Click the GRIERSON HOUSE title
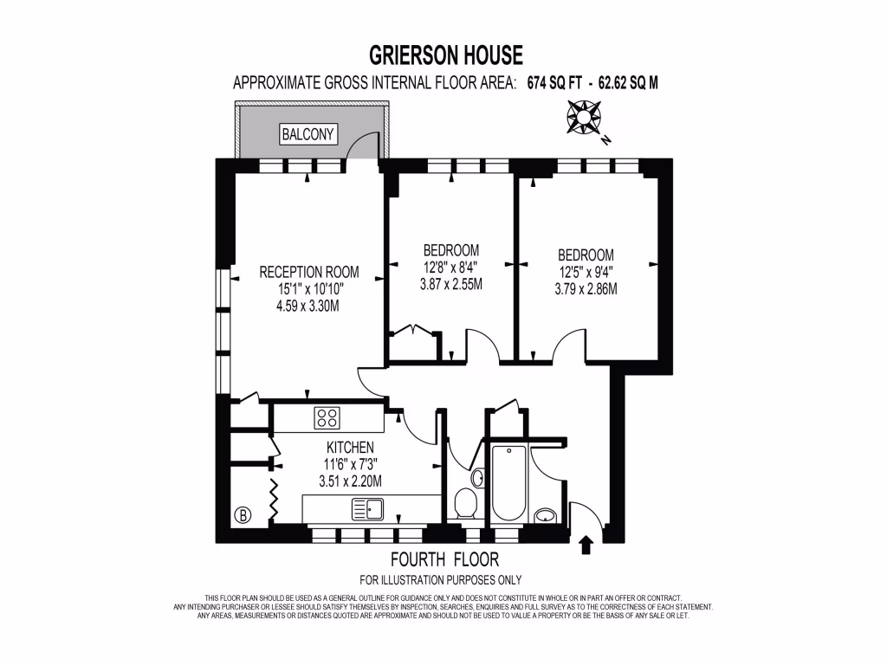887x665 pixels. pos(446,56)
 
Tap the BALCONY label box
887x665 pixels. pos(308,134)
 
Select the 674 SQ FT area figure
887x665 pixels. pos(552,84)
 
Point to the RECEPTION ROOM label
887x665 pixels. pos(308,272)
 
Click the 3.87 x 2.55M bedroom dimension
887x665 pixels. pos(450,284)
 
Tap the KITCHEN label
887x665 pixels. pos(350,448)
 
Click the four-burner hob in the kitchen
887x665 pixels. pos(327,417)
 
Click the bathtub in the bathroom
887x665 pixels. pos(507,484)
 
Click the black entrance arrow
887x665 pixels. pos(586,544)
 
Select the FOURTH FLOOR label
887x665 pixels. pos(444,559)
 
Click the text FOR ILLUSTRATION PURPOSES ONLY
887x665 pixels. pos(440,579)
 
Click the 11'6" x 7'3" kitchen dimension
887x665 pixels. pos(350,464)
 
